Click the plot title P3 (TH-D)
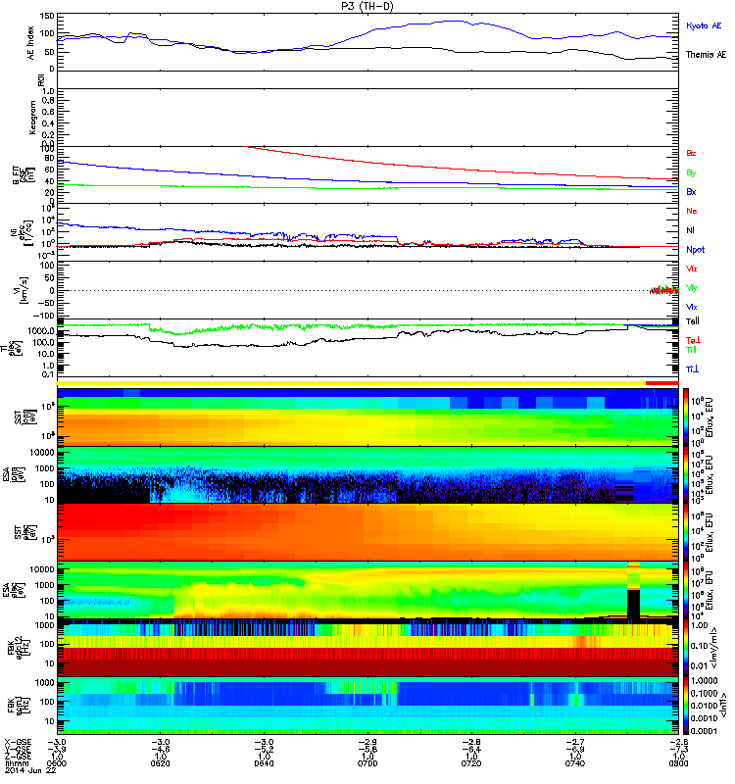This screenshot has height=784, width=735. point(367,6)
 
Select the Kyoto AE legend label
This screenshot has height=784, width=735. point(704,27)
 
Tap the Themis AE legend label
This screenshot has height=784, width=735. point(706,55)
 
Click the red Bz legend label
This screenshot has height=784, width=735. point(691,154)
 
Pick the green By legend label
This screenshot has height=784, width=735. point(691,172)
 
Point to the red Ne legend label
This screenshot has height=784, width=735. point(691,211)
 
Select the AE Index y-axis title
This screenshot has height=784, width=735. point(29,43)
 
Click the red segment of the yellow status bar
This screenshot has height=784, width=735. point(661,383)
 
